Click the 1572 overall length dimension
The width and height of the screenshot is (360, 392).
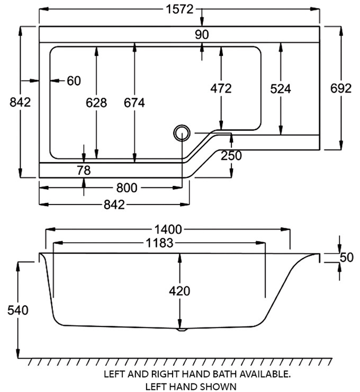coord(179,10)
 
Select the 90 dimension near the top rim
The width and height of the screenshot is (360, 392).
coord(202,34)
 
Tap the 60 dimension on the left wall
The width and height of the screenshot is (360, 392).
coord(74,81)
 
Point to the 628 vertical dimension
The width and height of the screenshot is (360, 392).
coord(96,102)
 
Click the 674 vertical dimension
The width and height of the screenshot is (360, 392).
coord(134,102)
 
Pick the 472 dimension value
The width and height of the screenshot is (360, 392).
coord(221,88)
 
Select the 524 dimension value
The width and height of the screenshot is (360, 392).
coord(281,88)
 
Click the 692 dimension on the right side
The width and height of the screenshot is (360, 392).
coord(341,88)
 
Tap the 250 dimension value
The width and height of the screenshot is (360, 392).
coord(231,155)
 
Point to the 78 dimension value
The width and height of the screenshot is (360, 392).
coord(84,170)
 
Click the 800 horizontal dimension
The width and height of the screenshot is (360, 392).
coord(127,188)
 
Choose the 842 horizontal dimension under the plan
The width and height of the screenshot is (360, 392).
coord(115,204)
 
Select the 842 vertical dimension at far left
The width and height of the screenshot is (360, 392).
coord(20,102)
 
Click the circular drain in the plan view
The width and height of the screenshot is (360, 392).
coord(182,132)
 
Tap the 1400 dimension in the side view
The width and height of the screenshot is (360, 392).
coord(168,229)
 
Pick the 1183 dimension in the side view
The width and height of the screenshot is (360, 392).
coord(158,243)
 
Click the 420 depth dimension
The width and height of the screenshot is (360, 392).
coord(180,291)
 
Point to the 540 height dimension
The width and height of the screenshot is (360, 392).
coord(19,309)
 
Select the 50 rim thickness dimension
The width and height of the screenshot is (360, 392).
coord(346,257)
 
